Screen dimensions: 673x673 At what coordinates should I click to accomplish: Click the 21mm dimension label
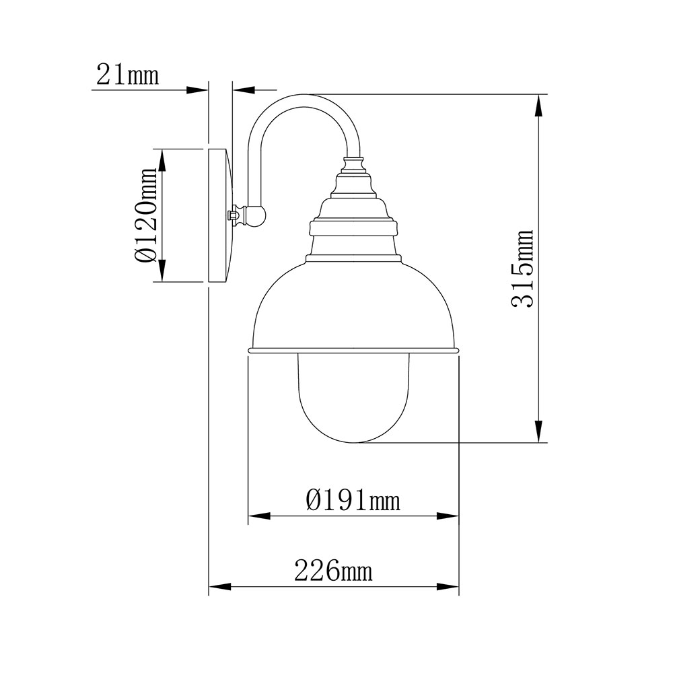(127, 74)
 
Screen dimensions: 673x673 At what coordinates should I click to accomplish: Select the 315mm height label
(522, 269)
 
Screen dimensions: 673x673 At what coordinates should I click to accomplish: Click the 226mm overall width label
(333, 571)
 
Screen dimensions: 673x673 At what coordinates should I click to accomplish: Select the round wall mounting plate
(221, 215)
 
